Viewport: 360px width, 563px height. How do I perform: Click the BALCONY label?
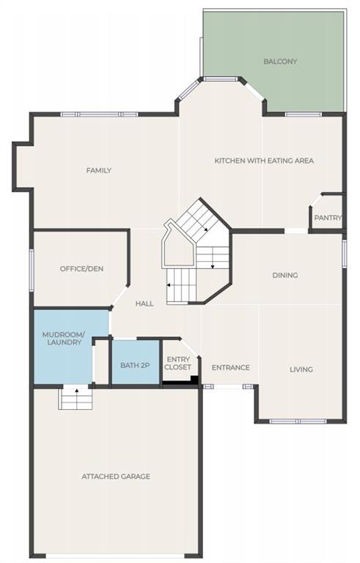280,62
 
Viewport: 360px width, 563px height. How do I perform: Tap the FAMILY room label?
99,170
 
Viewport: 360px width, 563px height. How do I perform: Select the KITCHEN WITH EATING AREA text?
264,161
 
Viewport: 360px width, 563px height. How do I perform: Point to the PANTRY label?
328,218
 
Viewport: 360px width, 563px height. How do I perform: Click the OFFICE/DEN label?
81,268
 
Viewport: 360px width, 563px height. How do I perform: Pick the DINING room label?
285,275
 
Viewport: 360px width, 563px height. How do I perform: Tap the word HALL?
144,303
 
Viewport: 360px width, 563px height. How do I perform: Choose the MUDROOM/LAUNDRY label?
64,339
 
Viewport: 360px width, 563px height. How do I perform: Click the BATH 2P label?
135,366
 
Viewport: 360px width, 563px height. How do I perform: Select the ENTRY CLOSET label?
178,363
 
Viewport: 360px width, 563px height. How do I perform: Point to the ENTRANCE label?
231,367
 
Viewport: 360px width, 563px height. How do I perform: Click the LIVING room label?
301,369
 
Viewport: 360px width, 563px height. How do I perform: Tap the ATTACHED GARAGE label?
116,476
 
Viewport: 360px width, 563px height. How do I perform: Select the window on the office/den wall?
32,270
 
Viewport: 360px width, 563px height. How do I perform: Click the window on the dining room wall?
344,254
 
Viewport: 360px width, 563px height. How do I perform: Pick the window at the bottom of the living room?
298,422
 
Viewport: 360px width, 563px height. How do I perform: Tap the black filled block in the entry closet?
194,380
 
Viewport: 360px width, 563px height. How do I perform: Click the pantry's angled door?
316,200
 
